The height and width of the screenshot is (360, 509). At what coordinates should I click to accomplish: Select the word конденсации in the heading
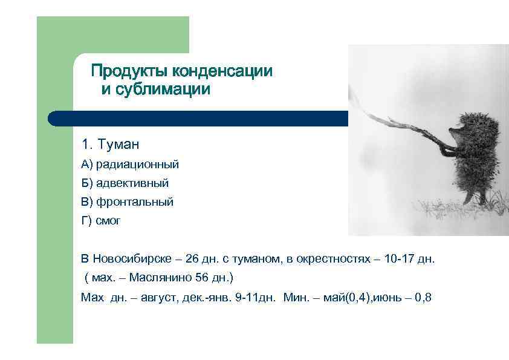click(x=222, y=71)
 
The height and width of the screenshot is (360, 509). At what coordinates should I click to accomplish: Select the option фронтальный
click(x=135, y=202)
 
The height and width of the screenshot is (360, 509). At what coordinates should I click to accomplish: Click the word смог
click(x=109, y=221)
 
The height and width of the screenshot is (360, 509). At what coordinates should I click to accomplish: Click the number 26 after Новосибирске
click(x=192, y=259)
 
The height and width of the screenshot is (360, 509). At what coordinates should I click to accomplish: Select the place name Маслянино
click(x=163, y=278)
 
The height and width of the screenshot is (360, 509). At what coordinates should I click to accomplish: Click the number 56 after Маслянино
click(x=203, y=278)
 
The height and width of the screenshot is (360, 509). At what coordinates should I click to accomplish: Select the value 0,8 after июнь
click(x=423, y=297)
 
